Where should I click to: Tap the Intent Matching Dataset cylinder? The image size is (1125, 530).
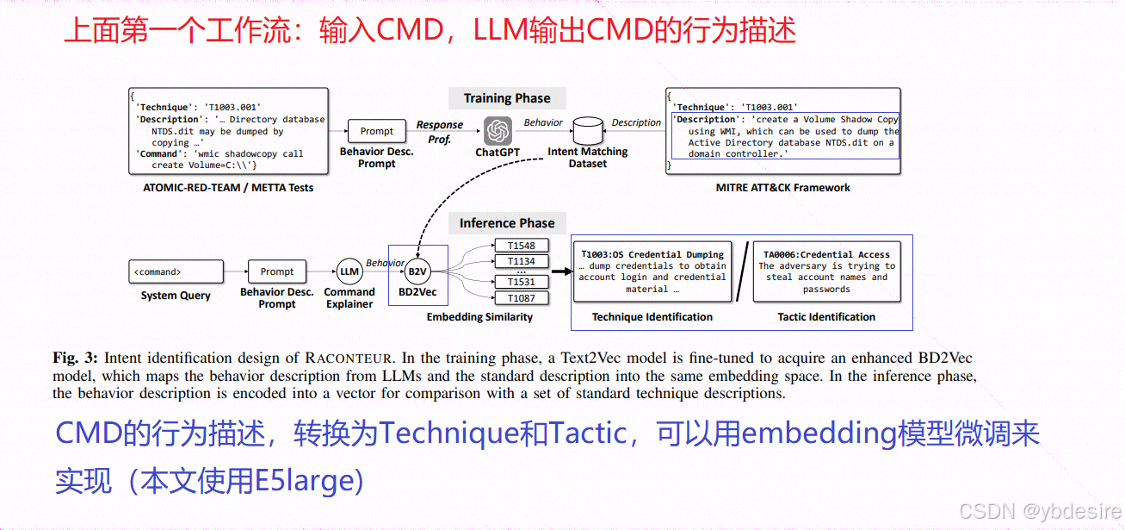point(587,131)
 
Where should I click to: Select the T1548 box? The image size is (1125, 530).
point(521,246)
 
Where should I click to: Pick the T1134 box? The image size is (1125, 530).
point(521,261)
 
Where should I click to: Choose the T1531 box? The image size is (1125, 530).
point(521,282)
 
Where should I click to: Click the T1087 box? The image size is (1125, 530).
point(521,298)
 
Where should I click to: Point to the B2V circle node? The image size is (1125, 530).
point(417,271)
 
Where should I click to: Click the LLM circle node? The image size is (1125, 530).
point(349,271)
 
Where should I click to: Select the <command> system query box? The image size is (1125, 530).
point(176,271)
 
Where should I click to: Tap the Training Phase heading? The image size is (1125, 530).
point(507,98)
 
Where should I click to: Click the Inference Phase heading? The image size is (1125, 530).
point(507,223)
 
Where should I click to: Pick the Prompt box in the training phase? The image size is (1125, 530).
point(376,131)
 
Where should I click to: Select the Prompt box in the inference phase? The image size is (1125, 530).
point(277,271)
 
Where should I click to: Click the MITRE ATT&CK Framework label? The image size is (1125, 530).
point(782,187)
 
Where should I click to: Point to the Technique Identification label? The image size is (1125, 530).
point(652,317)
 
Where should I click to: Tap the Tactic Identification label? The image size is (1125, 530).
point(826,317)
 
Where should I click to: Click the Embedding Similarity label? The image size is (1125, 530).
point(479,317)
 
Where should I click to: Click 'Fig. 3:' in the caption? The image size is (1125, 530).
point(77,358)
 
